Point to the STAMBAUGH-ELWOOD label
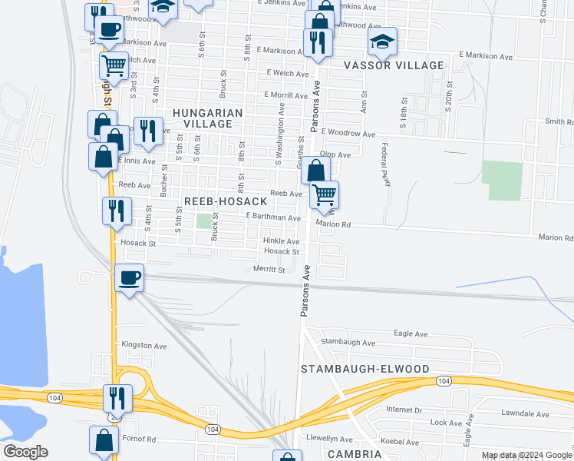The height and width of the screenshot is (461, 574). click(x=365, y=369)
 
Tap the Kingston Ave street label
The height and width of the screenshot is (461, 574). click(x=144, y=347)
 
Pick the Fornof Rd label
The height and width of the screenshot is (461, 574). click(x=140, y=439)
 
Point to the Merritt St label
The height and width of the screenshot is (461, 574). click(x=269, y=270)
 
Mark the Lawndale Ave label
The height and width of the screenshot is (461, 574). click(x=526, y=414)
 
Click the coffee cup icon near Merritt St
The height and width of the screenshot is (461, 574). click(x=129, y=277)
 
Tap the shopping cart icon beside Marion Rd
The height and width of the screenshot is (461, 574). click(x=325, y=195)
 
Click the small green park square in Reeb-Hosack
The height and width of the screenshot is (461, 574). click(x=203, y=221)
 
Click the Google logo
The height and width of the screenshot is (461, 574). click(x=26, y=452)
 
